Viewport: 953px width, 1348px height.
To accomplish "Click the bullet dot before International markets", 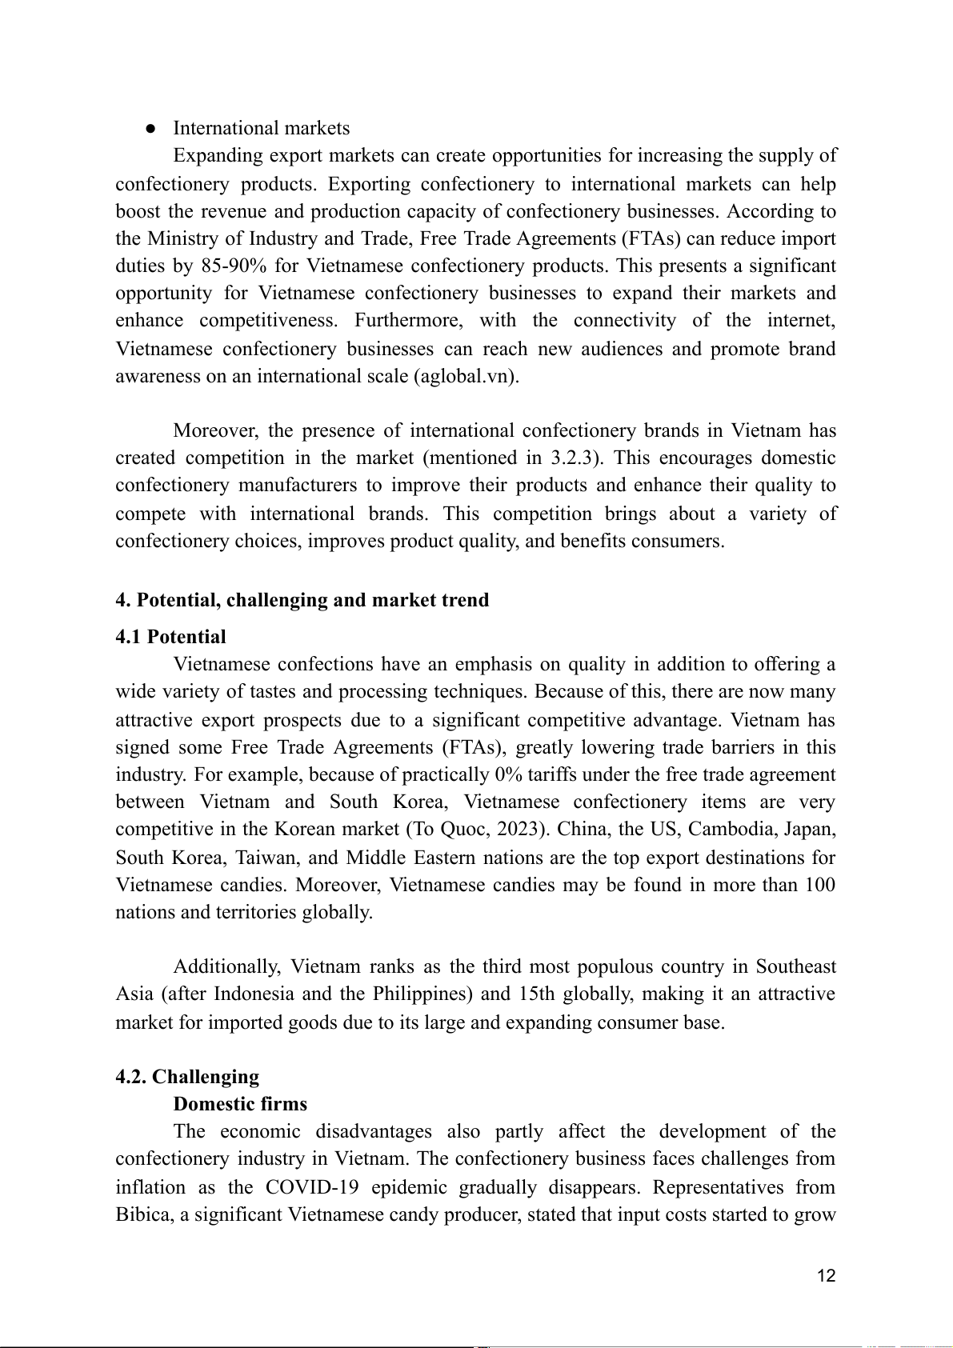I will click(150, 129).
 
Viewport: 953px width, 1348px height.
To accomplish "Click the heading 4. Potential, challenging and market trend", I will click(302, 600).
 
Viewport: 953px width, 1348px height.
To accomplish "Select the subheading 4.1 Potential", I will click(170, 637).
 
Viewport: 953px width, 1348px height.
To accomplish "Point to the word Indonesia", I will click(256, 994).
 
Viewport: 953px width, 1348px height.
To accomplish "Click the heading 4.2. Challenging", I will click(187, 1077).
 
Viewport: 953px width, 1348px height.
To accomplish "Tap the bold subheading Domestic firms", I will click(240, 1104).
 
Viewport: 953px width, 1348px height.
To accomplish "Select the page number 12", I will click(827, 1275).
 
